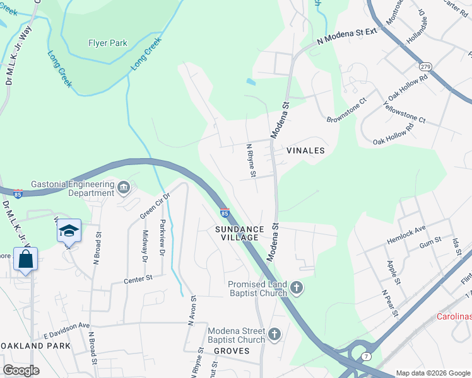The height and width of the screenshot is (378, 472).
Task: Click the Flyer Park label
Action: coord(107,43)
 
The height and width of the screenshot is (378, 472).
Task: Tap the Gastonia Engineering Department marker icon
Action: coord(124,186)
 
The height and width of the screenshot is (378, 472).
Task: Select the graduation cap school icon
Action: coord(69,231)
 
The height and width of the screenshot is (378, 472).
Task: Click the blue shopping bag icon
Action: coord(26,260)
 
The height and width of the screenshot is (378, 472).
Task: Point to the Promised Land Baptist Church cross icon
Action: coord(297,289)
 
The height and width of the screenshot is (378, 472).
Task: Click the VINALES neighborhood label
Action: coord(305,151)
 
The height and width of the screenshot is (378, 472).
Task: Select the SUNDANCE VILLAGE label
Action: coord(240,233)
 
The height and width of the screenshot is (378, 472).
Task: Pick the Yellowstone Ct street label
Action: coord(404,113)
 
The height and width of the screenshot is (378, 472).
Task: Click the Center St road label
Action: coord(139,278)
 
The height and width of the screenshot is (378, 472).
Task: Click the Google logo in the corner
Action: coord(22,370)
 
